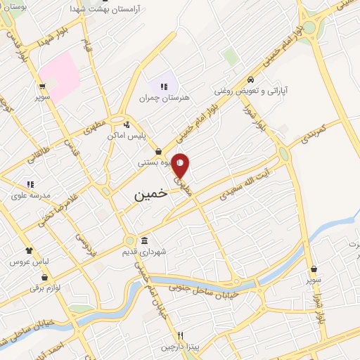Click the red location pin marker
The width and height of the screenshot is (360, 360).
click(x=181, y=165)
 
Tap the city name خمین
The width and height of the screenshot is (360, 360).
click(x=150, y=194)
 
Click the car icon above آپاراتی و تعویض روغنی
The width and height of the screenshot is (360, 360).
click(x=250, y=79)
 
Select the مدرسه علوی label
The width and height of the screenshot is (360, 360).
click(x=29, y=195)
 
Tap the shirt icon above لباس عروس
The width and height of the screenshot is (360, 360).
click(x=29, y=250)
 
